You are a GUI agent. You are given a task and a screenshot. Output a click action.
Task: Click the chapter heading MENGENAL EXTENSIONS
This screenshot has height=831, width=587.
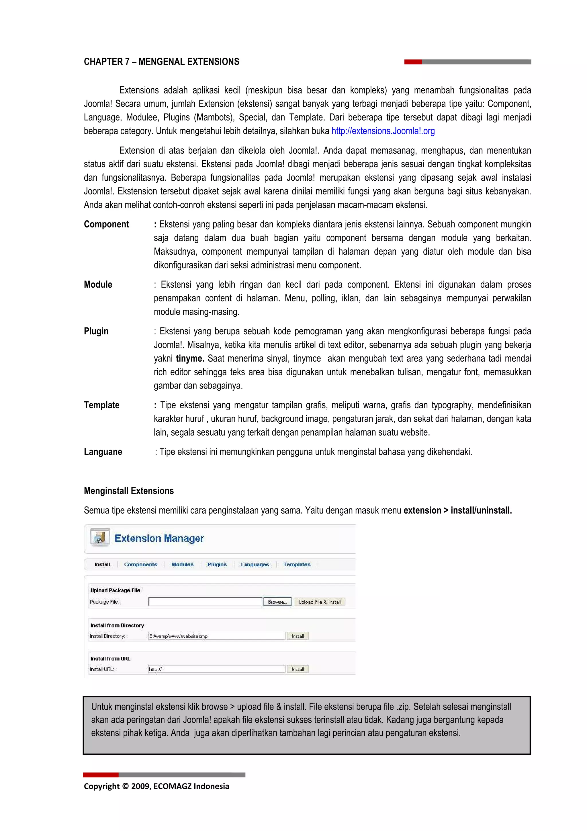[x=161, y=62]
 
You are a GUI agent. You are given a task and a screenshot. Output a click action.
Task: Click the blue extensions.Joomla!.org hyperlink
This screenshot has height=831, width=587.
[x=383, y=131]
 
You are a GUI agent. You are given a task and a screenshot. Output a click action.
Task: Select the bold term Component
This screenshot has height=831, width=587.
[x=106, y=225]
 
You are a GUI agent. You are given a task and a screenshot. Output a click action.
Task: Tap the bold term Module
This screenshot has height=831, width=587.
[x=98, y=284]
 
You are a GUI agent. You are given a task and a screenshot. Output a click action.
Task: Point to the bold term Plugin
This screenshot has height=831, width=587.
[x=96, y=331]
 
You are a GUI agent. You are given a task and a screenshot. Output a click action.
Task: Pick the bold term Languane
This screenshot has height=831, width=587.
[x=103, y=452]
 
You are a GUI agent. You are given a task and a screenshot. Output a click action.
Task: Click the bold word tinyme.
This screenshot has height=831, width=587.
[x=190, y=358]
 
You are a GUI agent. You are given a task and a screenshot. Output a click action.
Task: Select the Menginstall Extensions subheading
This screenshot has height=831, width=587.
[x=129, y=491]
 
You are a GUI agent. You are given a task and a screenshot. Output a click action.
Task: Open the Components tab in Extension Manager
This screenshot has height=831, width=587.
[x=141, y=564]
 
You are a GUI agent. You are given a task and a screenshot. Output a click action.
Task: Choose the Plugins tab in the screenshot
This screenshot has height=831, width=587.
[x=217, y=564]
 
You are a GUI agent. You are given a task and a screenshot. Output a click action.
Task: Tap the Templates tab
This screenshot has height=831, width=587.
[x=297, y=564]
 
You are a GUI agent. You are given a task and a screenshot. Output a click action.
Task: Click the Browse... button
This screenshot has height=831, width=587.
[x=277, y=602]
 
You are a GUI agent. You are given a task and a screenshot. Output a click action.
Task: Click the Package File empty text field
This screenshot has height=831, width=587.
[x=205, y=602]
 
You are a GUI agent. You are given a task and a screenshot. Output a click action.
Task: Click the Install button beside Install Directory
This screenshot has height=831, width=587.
[x=298, y=636]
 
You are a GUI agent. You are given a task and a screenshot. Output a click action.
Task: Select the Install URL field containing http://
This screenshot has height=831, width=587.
[x=217, y=669]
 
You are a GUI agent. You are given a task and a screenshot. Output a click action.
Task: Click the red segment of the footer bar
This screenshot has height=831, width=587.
[x=101, y=775]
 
